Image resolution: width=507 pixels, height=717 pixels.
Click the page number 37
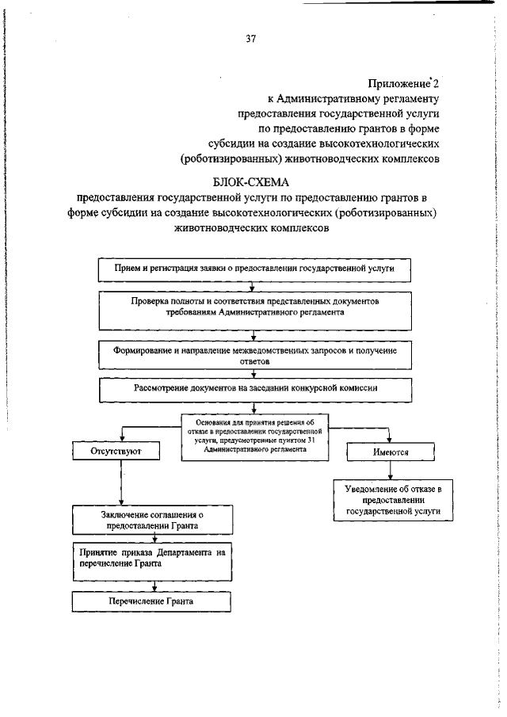pos(250,37)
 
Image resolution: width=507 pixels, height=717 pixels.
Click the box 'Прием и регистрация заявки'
pos(253,269)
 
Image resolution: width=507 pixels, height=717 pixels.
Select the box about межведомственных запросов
pos(253,354)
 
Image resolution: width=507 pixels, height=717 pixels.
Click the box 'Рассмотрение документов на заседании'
pos(253,389)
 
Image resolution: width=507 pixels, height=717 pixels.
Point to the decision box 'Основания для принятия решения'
pos(254,435)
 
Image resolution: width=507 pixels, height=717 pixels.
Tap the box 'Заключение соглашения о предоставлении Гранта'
pos(151,520)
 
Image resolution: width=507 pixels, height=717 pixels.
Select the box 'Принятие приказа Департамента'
pos(151,559)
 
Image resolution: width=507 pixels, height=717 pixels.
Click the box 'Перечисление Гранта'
pos(151,601)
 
